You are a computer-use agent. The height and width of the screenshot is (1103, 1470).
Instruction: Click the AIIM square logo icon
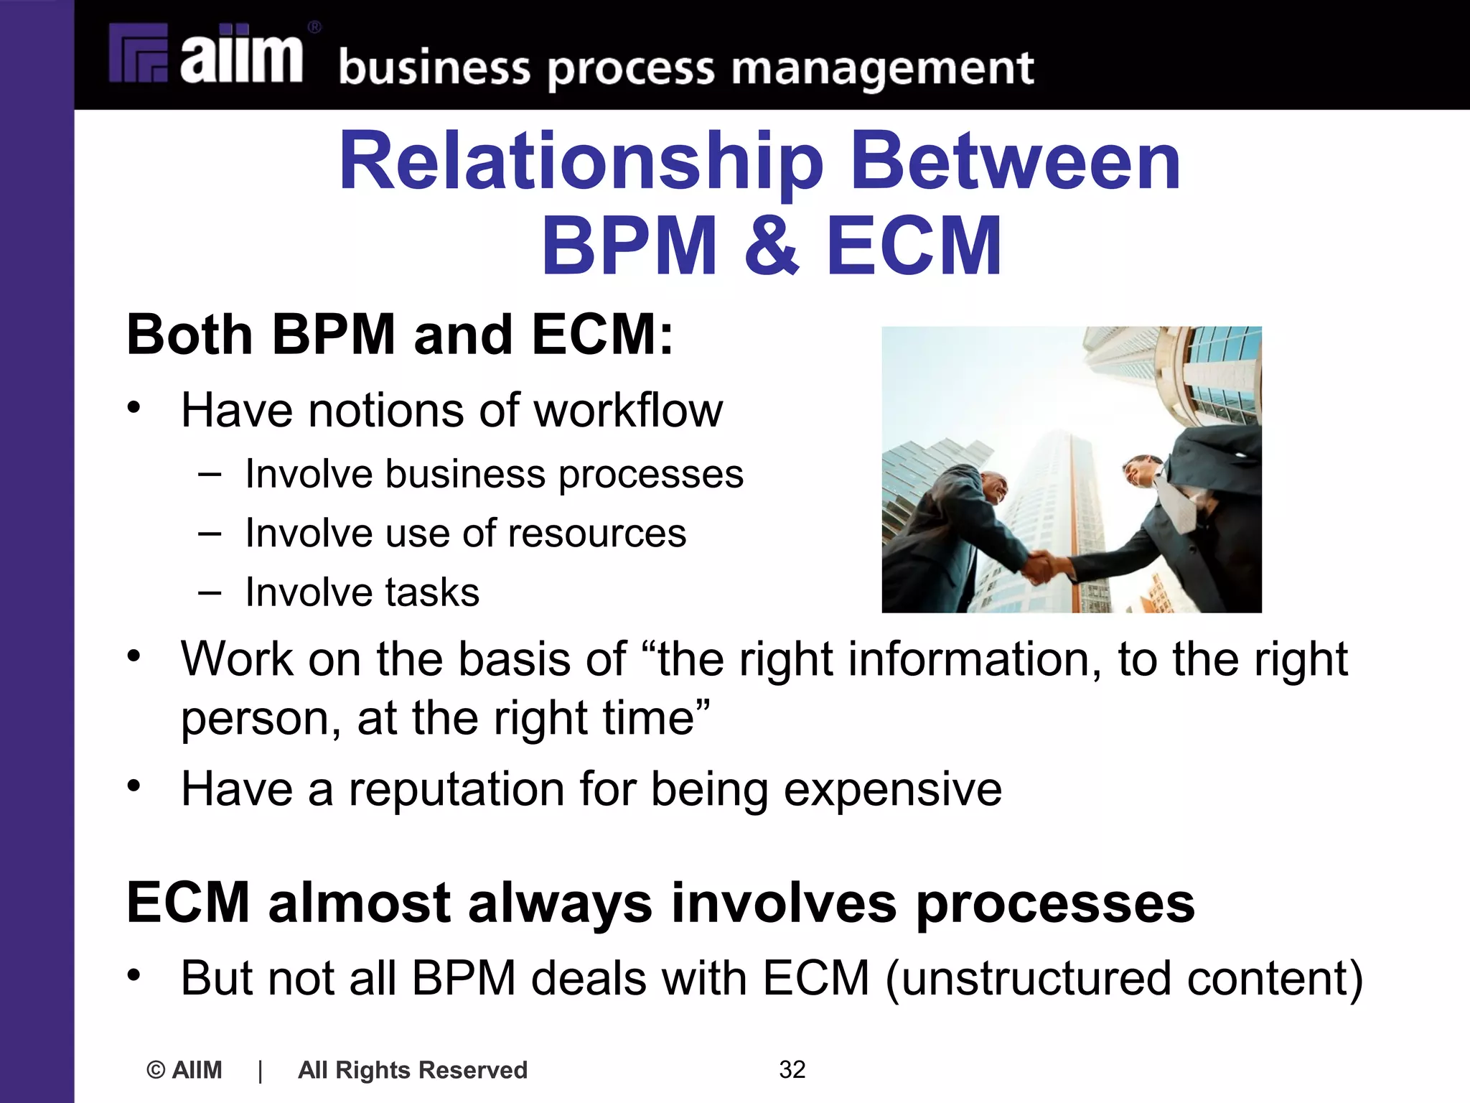click(139, 54)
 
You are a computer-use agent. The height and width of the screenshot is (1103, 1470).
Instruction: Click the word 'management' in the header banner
click(882, 70)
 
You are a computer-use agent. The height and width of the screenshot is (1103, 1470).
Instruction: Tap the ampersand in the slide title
click(771, 246)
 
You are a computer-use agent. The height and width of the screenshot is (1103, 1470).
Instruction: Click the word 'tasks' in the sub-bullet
click(433, 592)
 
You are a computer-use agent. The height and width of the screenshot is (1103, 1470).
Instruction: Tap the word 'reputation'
click(457, 789)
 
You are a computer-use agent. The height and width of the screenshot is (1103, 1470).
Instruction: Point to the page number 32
click(792, 1069)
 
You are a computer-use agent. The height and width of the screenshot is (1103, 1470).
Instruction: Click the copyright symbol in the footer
click(156, 1070)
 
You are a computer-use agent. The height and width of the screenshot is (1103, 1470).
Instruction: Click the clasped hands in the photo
click(1050, 565)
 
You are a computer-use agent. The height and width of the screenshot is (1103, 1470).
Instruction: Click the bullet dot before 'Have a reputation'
click(134, 786)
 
